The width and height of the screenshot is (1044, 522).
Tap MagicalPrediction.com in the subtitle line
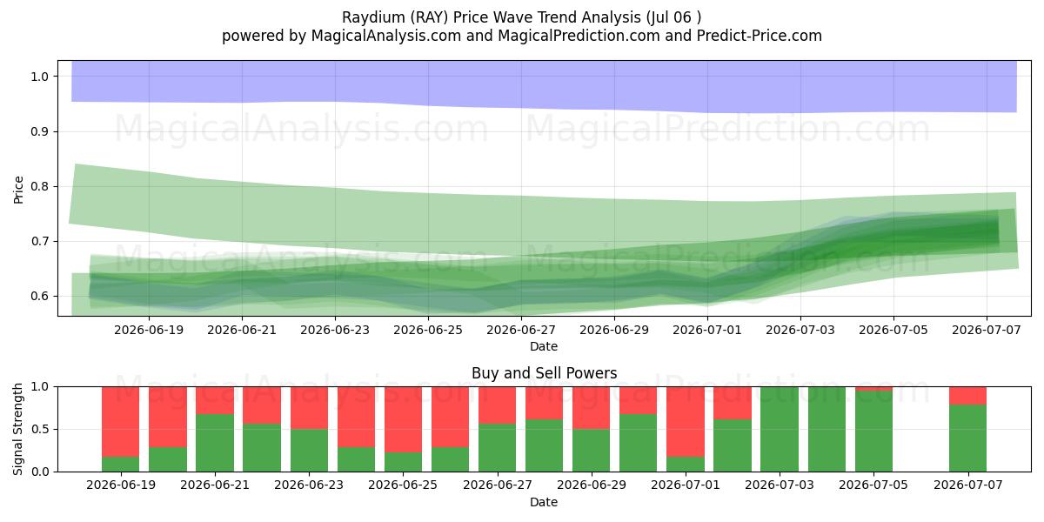pos(579,36)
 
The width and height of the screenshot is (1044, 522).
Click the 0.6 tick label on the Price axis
pos(40,296)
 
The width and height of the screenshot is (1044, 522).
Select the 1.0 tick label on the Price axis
pos(40,77)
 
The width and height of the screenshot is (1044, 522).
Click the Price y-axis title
pos(18,190)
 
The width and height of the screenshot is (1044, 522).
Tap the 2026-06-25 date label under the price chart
pos(428,330)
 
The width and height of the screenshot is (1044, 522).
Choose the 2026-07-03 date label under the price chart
pos(800,330)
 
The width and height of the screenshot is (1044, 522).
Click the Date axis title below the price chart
pos(544,346)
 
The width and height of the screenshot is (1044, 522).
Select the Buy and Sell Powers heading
pos(544,373)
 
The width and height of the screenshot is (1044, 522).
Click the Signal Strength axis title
pos(18,429)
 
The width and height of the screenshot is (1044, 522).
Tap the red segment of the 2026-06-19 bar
pos(121,422)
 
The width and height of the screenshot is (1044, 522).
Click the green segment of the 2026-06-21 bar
pos(215,443)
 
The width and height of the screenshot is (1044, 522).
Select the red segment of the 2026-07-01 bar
pos(686,422)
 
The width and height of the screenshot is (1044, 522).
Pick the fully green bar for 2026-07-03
pos(780,429)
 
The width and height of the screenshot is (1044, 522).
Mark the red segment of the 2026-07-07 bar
pos(968,396)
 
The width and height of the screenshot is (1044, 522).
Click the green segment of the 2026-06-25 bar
pos(403,462)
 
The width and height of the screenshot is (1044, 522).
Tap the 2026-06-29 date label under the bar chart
pos(592,485)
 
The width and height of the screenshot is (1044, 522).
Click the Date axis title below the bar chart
pos(544,502)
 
